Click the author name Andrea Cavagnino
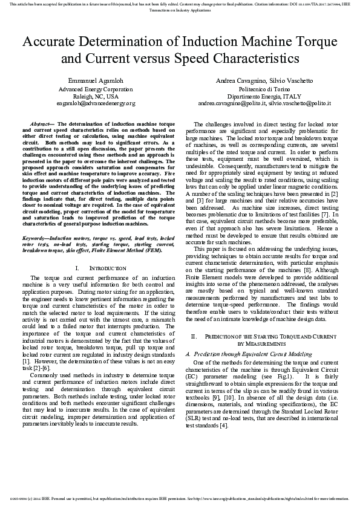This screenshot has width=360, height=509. coord(240,80)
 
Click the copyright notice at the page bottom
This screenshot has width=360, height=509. coord(180,499)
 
